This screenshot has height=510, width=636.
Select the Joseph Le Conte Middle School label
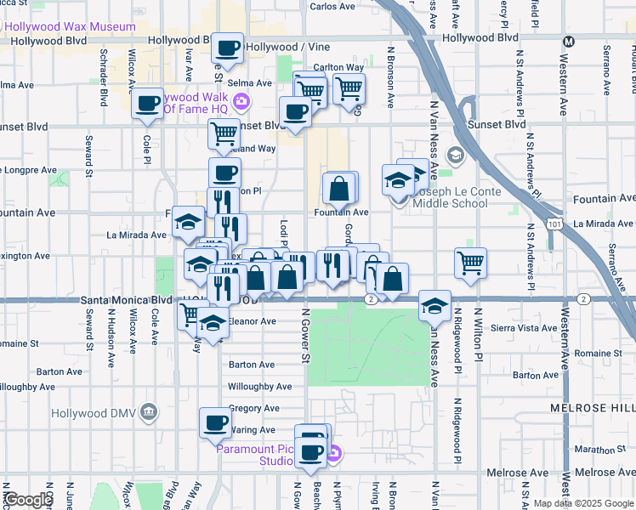[x=451, y=197]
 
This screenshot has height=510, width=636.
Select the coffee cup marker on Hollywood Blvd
[x=227, y=48]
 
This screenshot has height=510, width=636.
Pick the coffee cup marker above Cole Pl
[x=147, y=104]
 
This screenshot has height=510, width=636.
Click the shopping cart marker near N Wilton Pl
[x=470, y=262]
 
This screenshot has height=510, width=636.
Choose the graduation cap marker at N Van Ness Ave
[x=434, y=304]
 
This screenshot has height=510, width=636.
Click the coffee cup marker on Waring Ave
[x=215, y=422]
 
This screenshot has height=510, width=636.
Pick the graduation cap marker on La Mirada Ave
[x=188, y=223]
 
